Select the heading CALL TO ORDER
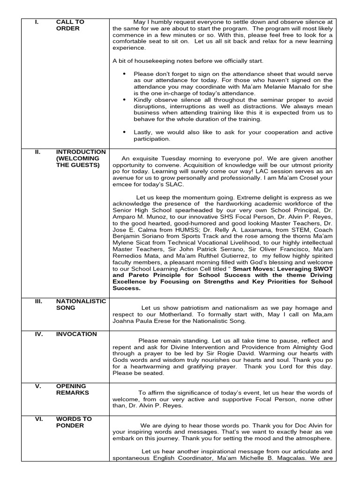70,25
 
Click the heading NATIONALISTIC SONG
81,304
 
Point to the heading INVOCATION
76,334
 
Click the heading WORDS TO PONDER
74,422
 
